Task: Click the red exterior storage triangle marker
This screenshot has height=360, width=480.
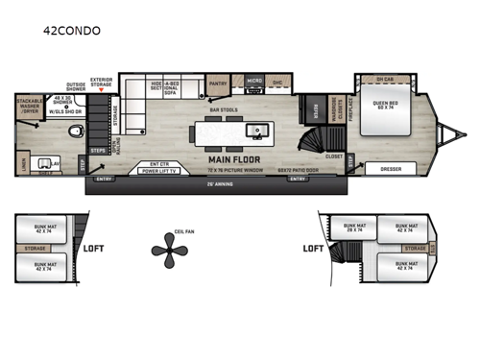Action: click(x=101, y=89)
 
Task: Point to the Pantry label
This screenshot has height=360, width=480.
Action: click(x=218, y=83)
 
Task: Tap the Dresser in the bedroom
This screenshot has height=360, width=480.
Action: click(x=390, y=169)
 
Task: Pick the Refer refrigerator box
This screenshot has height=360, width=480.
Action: click(x=310, y=109)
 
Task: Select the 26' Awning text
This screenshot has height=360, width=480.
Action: click(x=223, y=183)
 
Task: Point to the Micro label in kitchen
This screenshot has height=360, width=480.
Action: click(x=252, y=83)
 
